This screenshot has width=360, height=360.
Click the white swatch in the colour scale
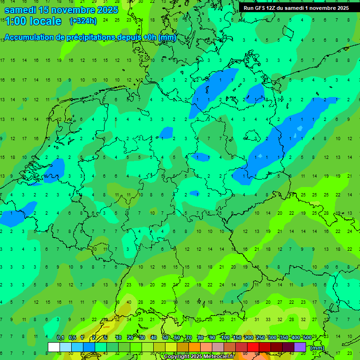[54, 347]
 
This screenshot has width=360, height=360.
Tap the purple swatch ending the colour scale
[300, 347]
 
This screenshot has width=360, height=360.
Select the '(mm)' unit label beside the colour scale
[317, 348]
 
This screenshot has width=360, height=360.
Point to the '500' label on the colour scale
[307, 338]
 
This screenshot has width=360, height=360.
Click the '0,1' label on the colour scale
[60, 338]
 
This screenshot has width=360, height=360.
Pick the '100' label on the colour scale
[225, 338]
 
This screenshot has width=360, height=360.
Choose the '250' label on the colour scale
[261, 338]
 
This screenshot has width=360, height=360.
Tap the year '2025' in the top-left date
[105, 9]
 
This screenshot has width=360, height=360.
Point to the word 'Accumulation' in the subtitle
[29, 37]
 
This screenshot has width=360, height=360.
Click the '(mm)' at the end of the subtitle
[167, 37]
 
